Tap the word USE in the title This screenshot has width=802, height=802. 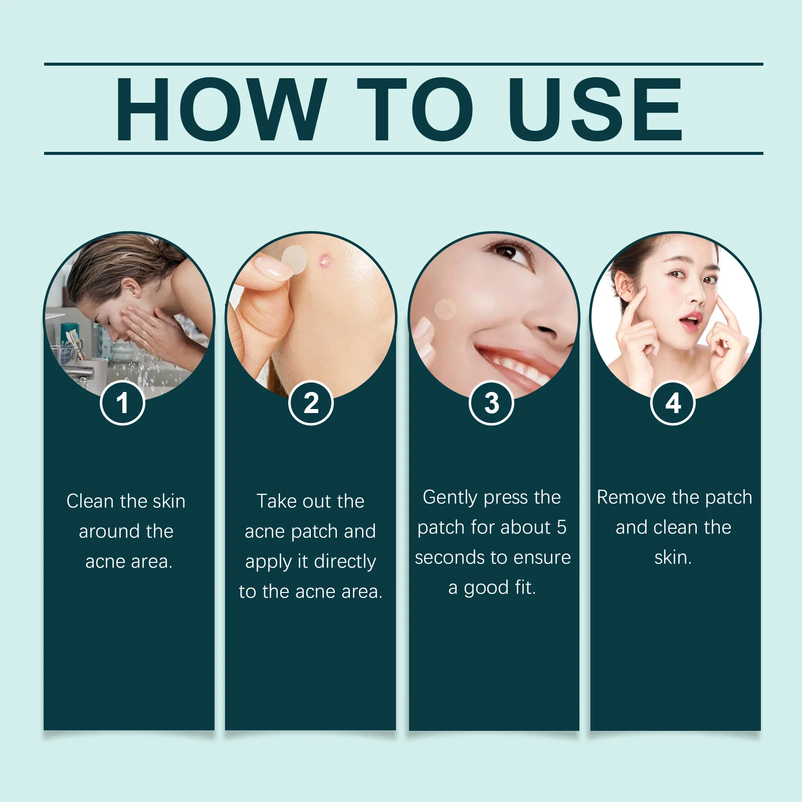pyautogui.click(x=595, y=109)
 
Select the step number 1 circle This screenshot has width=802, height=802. pyautogui.click(x=122, y=403)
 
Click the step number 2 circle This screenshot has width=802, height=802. pyautogui.click(x=311, y=403)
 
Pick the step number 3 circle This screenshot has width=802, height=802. pyautogui.click(x=492, y=403)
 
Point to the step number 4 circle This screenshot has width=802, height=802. pyautogui.click(x=673, y=403)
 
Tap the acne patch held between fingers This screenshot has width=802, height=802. pyautogui.click(x=294, y=260)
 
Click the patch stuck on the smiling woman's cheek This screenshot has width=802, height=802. pyautogui.click(x=445, y=310)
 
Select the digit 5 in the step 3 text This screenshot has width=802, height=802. pyautogui.click(x=561, y=527)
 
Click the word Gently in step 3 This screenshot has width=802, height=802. pyautogui.click(x=450, y=498)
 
